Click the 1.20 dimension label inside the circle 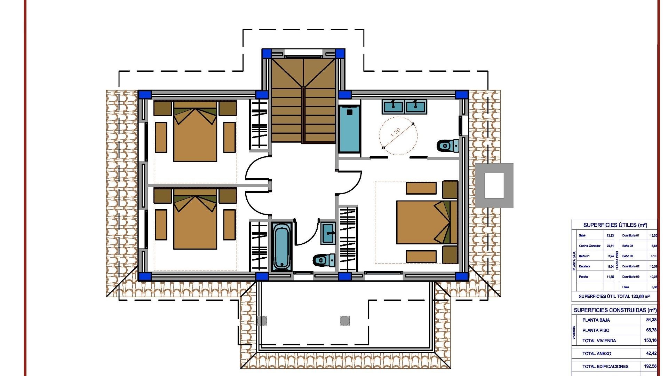(x=396, y=132)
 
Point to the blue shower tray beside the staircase (x=349, y=129)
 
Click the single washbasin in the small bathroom (x=328, y=233)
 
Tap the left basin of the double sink (x=393, y=106)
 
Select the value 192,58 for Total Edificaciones (x=650, y=366)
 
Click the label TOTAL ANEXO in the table (x=597, y=353)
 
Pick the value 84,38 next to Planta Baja (x=651, y=320)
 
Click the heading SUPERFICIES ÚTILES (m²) (x=615, y=225)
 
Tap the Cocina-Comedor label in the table (x=589, y=246)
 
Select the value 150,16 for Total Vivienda (x=650, y=340)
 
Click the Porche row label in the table (x=583, y=277)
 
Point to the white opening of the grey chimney (x=494, y=186)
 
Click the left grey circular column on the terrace (x=262, y=321)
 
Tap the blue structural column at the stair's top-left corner (x=267, y=53)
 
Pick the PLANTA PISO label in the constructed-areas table (x=596, y=330)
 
